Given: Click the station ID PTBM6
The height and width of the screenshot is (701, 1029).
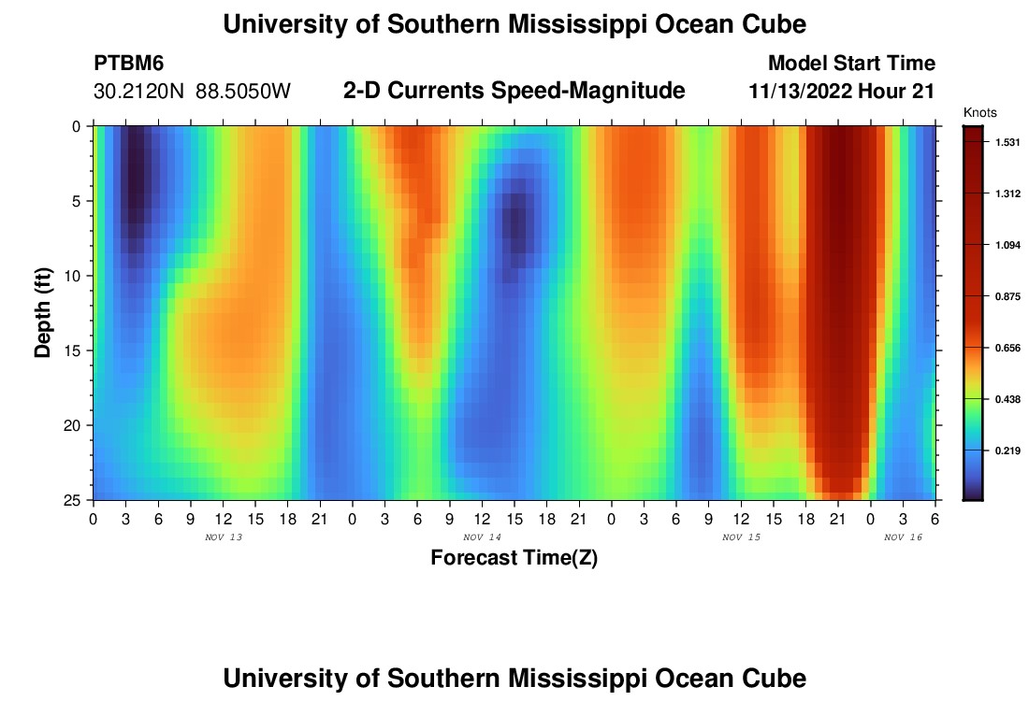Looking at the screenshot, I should pyautogui.click(x=129, y=64).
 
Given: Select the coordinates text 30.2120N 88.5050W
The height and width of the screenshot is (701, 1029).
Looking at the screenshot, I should pyautogui.click(x=193, y=92).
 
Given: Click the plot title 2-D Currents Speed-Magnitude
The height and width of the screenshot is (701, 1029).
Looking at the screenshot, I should pyautogui.click(x=514, y=92).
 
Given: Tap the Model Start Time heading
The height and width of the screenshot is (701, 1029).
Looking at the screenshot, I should pyautogui.click(x=850, y=64).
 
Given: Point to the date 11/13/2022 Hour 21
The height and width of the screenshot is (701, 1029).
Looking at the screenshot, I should pyautogui.click(x=842, y=92).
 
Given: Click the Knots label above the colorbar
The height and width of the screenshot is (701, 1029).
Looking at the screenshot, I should pyautogui.click(x=978, y=112).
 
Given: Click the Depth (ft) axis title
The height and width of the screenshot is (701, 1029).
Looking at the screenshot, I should pyautogui.click(x=43, y=312).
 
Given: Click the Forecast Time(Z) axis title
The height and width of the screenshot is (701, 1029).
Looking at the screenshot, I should pyautogui.click(x=514, y=558).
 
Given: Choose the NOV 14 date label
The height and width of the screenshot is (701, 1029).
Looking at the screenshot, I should pyautogui.click(x=482, y=537).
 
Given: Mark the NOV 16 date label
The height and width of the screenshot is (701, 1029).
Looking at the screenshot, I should pyautogui.click(x=903, y=537).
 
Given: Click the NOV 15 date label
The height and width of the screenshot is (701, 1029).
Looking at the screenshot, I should pyautogui.click(x=741, y=537).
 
